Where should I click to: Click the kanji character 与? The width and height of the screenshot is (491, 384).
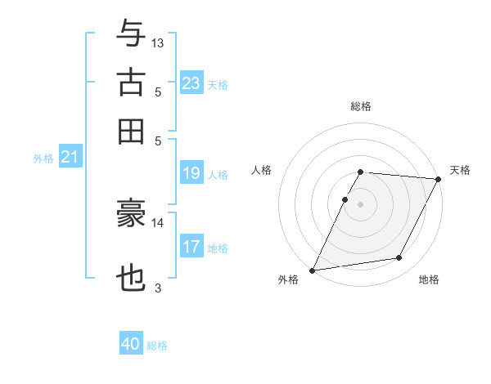(x=131, y=33)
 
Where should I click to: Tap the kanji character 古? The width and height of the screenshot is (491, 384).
(x=131, y=83)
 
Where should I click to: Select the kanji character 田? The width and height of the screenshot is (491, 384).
(x=131, y=131)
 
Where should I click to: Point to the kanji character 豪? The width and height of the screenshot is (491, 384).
(x=131, y=213)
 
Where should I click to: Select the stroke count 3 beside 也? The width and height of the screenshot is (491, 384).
(x=158, y=288)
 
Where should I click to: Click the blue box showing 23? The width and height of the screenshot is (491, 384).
(x=191, y=83)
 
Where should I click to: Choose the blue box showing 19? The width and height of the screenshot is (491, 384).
(x=191, y=172)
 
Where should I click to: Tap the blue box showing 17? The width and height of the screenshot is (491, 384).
(x=191, y=246)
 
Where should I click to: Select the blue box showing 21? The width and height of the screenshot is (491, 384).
(x=69, y=156)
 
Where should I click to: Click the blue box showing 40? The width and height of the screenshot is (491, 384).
(x=130, y=344)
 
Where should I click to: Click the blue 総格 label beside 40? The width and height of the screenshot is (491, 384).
(x=157, y=346)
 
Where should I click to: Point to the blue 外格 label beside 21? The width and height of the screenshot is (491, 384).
(x=43, y=159)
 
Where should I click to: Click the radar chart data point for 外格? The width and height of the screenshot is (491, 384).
(x=312, y=270)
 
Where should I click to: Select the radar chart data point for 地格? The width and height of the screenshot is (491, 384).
(x=399, y=258)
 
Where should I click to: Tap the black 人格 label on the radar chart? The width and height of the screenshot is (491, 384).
(x=262, y=170)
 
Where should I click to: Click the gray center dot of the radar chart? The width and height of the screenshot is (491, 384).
(x=360, y=203)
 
